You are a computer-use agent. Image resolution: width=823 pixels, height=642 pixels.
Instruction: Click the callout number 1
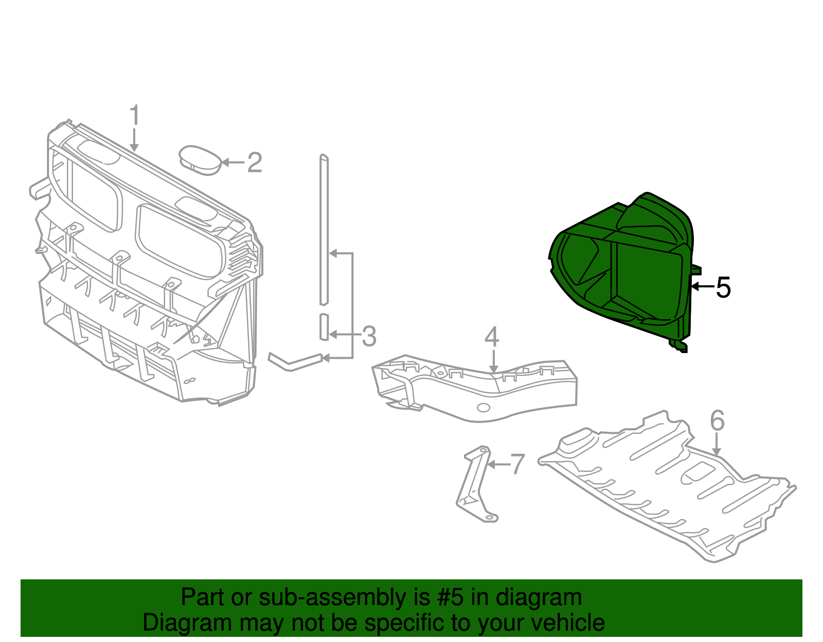point(134,115)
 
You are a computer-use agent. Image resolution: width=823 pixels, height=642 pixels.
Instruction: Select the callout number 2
point(255,162)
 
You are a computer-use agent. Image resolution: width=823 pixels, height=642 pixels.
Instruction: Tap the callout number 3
point(369,336)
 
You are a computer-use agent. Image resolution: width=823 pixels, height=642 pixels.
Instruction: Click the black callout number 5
point(723,287)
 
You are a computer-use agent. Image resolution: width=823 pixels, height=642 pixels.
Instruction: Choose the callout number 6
point(717,420)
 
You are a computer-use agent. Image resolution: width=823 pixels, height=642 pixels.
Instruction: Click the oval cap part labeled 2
point(200,160)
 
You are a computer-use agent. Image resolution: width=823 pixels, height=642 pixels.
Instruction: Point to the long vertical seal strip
point(324,229)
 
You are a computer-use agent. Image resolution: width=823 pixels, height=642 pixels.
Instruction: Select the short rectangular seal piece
point(324,327)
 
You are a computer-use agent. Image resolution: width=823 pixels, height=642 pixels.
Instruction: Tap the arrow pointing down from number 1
point(134,140)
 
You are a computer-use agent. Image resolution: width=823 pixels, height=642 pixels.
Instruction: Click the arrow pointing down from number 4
point(493,361)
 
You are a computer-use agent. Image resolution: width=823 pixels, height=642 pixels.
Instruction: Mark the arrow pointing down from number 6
point(716,445)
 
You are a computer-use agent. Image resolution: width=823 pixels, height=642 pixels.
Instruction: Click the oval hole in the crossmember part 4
point(484,408)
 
